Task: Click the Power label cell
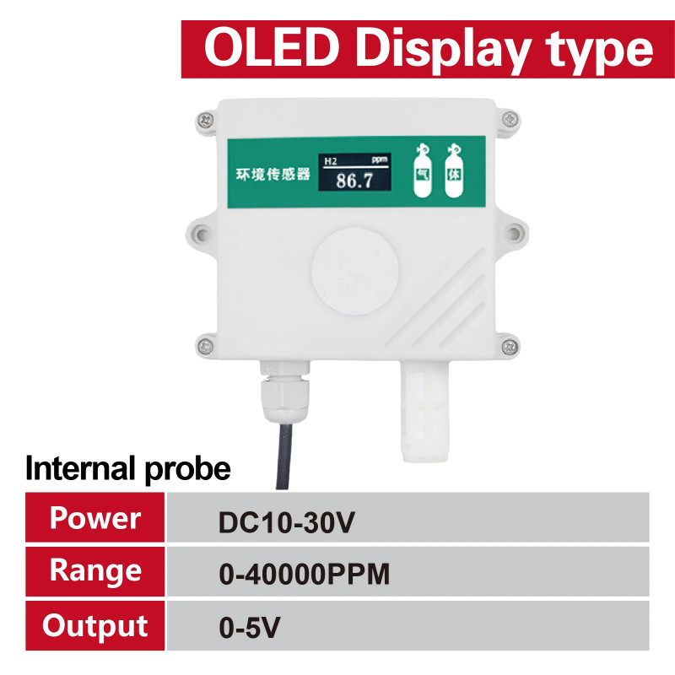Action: (x=95, y=518)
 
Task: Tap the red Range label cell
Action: (x=95, y=571)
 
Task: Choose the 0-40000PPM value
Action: (x=304, y=575)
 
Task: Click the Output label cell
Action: (x=95, y=625)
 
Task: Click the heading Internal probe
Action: (x=127, y=468)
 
